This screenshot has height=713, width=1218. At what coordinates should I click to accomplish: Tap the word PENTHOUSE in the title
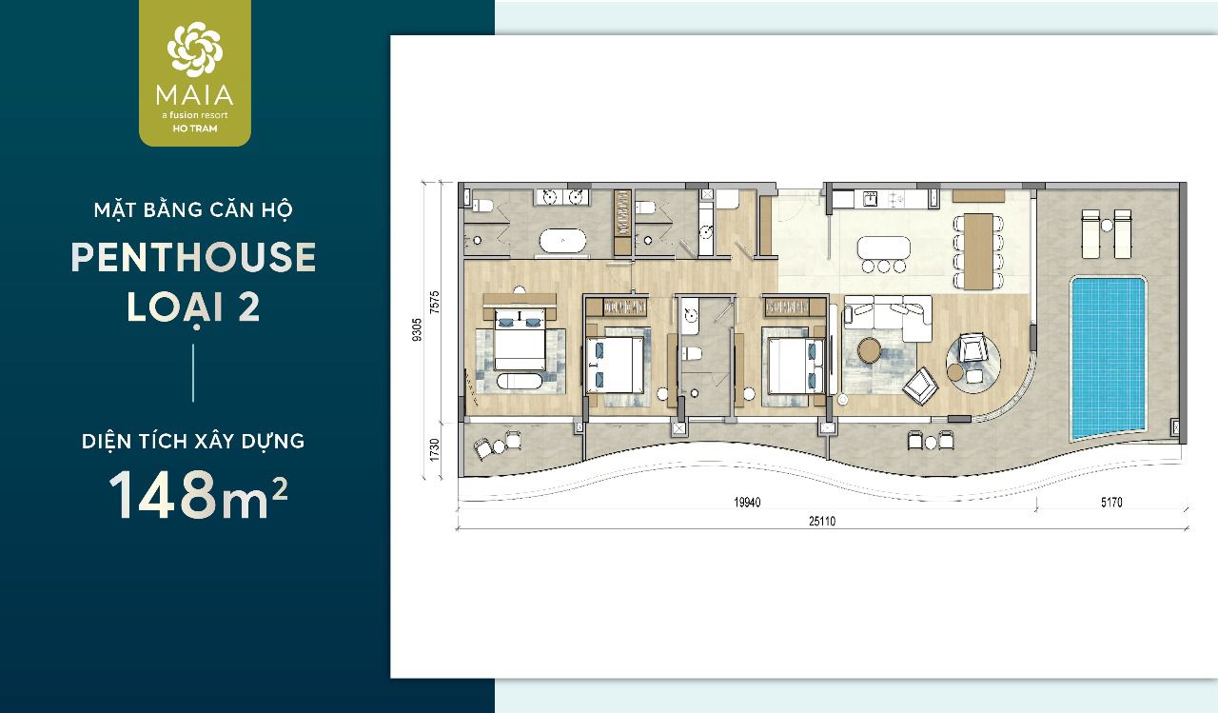pos(193,258)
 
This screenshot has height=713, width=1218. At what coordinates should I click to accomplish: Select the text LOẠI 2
pos(193,308)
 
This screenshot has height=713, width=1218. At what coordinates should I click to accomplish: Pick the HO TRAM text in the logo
pos(194,129)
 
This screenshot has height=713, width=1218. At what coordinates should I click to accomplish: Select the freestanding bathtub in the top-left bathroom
pos(562,241)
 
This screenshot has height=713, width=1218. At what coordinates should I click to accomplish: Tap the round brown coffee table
pos(870,350)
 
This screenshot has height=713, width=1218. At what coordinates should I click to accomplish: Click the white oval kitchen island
pos(885,246)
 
